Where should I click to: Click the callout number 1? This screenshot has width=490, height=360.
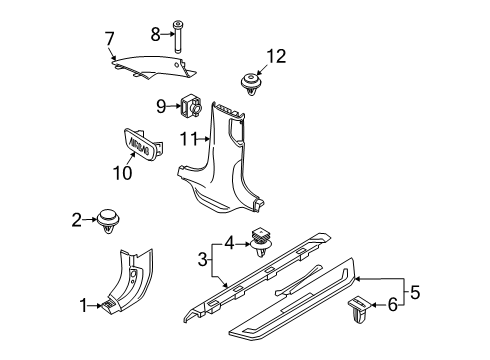click(83, 307)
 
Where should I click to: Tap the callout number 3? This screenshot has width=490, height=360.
click(204, 260)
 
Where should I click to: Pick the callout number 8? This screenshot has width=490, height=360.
click(156, 33)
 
